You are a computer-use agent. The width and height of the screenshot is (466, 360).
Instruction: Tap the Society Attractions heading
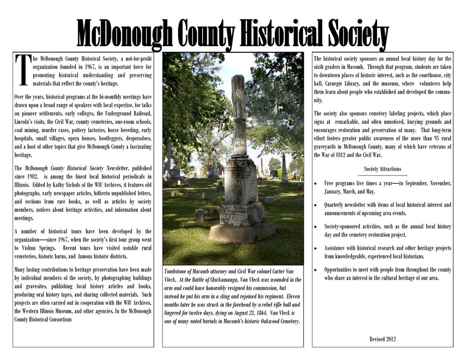[x=382, y=169]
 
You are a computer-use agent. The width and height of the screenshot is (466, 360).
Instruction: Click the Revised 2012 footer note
[x=382, y=339]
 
